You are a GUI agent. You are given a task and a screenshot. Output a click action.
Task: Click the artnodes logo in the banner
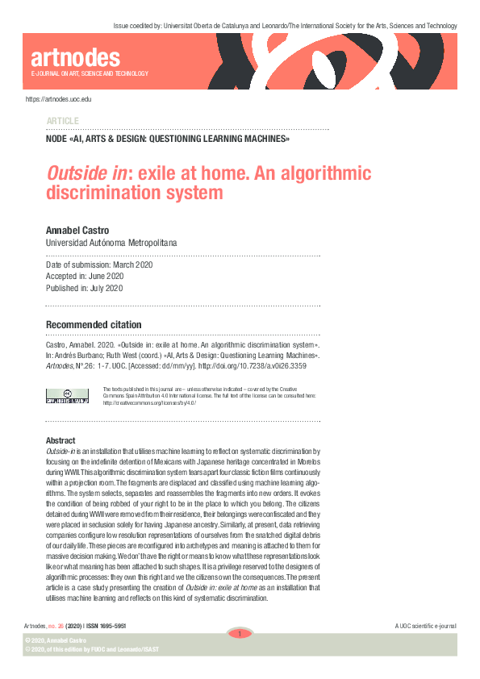[75, 58]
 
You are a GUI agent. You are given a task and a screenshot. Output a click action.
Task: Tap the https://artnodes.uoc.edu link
[59, 98]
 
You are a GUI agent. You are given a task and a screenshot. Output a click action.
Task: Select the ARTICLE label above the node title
[63, 120]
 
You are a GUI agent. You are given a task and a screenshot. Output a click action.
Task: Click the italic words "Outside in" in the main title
[77, 174]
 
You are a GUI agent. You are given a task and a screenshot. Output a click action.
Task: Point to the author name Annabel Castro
[78, 230]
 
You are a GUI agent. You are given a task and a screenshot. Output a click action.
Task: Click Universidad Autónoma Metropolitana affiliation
[111, 242]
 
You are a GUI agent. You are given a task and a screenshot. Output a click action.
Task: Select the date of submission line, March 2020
[98, 265]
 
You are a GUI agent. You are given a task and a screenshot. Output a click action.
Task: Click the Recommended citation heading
[94, 325]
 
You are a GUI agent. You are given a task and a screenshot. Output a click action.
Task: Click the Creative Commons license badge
[68, 395]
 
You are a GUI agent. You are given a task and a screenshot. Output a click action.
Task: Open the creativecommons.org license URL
[149, 402]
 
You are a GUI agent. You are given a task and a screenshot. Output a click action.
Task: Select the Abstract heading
[61, 440]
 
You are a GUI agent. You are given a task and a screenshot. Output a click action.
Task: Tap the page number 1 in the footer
[239, 634]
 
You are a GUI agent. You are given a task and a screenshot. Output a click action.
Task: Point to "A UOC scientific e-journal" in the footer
[426, 627]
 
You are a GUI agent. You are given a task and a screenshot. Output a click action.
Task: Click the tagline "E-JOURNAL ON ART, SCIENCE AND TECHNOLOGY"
[90, 74]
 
